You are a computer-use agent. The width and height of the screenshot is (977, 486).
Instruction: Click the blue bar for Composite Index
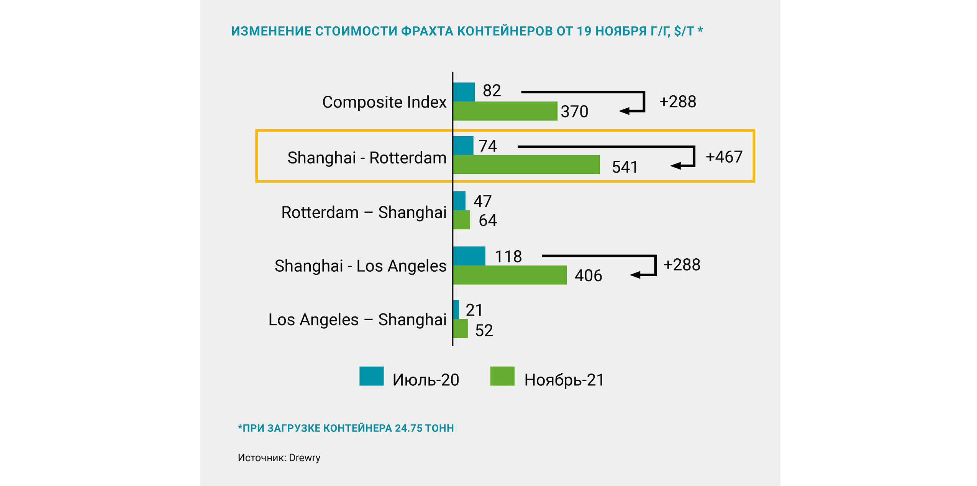click(464, 92)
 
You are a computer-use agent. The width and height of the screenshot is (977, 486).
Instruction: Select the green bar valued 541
click(526, 165)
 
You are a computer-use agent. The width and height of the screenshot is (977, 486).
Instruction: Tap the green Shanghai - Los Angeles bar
click(510, 275)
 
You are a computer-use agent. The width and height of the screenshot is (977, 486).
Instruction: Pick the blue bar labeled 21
click(456, 310)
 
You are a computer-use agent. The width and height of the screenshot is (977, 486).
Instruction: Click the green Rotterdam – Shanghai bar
click(461, 220)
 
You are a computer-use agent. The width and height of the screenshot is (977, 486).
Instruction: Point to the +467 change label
click(724, 157)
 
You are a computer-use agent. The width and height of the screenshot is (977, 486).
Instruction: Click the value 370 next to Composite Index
click(574, 111)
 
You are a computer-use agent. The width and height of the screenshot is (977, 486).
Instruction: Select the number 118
click(508, 256)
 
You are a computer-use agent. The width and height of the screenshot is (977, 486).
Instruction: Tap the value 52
click(484, 330)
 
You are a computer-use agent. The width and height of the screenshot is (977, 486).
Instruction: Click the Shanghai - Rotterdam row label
click(367, 158)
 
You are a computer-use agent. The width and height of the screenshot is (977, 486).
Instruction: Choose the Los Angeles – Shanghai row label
click(357, 320)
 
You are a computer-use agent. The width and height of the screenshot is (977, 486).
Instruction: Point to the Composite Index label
click(384, 102)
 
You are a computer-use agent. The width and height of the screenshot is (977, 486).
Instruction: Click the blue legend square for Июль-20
click(371, 376)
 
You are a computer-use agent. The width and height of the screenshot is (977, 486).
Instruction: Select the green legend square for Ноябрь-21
click(502, 376)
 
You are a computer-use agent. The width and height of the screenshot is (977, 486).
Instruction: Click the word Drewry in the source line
click(305, 458)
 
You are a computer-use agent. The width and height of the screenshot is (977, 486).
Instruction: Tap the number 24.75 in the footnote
click(409, 428)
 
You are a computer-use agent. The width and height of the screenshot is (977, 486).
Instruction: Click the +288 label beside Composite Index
click(677, 102)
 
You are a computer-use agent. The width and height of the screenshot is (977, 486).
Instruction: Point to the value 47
click(482, 201)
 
